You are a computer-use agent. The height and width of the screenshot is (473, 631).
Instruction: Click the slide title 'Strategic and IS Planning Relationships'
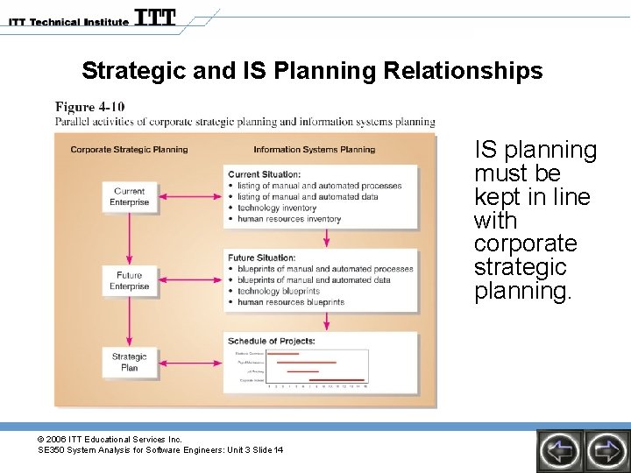coord(312,70)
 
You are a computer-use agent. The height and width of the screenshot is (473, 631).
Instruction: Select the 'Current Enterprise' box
coord(129,197)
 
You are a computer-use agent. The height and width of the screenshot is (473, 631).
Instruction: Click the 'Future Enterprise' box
coord(129,281)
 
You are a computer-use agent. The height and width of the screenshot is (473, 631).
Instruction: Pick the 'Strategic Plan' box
coord(129,362)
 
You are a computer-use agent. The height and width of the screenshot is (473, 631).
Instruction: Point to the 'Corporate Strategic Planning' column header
coord(129,150)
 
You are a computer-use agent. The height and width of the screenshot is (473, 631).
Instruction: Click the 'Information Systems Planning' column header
coord(314,150)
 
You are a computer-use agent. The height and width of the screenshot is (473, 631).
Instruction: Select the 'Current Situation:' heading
coord(264,174)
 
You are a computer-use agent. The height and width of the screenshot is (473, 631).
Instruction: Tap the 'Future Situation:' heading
coord(262,258)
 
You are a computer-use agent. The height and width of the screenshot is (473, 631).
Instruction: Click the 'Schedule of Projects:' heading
coord(271,341)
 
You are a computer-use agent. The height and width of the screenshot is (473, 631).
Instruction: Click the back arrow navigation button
coord(558,450)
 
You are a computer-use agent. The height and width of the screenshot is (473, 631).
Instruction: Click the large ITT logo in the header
coord(155,18)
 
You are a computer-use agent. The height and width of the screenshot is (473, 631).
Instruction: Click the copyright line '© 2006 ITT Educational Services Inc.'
coord(110,439)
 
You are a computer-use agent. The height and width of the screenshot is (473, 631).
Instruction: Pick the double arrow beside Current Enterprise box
coord(186,196)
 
